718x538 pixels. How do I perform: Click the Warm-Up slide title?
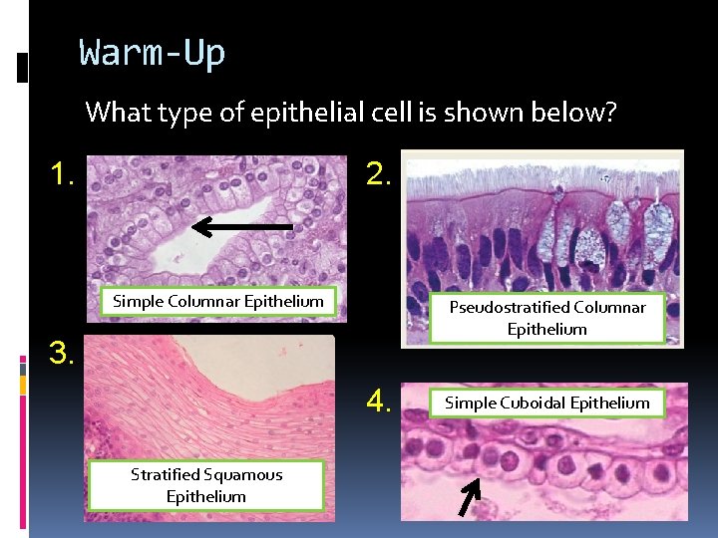(x=153, y=53)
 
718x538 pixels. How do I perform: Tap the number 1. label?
(x=65, y=175)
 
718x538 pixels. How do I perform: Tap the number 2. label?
(x=379, y=175)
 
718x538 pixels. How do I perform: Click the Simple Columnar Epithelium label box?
(x=218, y=301)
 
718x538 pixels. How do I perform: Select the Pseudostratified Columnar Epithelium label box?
(x=546, y=318)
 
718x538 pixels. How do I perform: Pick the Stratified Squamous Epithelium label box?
(x=206, y=485)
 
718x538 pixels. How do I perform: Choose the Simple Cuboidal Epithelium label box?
(x=546, y=403)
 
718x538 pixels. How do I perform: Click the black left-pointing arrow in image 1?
(x=241, y=227)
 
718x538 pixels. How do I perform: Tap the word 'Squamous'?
(x=244, y=474)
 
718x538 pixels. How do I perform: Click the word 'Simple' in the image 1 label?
(x=139, y=301)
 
